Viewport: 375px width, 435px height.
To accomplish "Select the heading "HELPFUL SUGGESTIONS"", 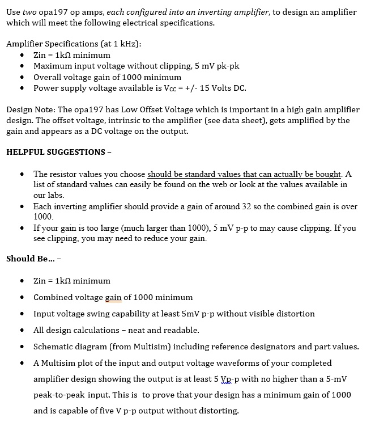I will [56, 152].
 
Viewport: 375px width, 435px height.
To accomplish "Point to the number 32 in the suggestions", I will [246, 206].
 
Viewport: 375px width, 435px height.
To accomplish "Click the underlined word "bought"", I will [327, 174].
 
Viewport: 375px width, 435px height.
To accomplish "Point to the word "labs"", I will [54, 195].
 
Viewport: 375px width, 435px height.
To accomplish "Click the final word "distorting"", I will [218, 411].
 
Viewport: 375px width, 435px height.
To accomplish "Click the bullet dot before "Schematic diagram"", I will [21, 346].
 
